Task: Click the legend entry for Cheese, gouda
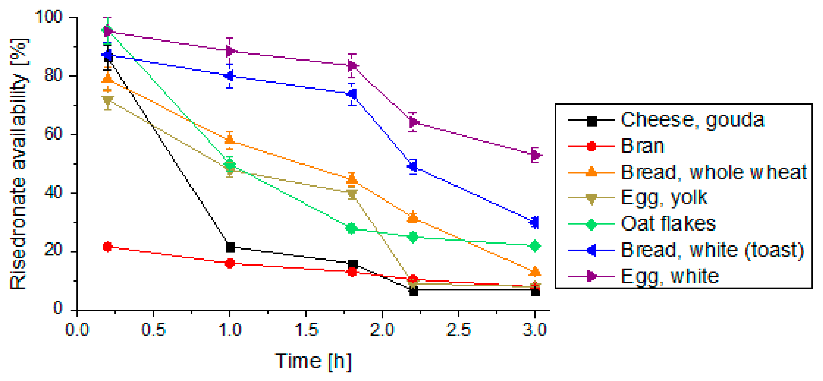coord(692,120)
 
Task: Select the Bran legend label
coord(643,146)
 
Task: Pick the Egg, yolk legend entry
coord(664,198)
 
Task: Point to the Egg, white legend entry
coord(670,276)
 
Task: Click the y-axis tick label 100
coord(48,17)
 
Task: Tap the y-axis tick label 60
coord(53,134)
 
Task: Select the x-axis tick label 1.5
coord(306,330)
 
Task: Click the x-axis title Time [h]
coord(313,361)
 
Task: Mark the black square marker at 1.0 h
coord(230,247)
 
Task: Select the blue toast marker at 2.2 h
coord(413,166)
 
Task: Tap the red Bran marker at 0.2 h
coord(108,247)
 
